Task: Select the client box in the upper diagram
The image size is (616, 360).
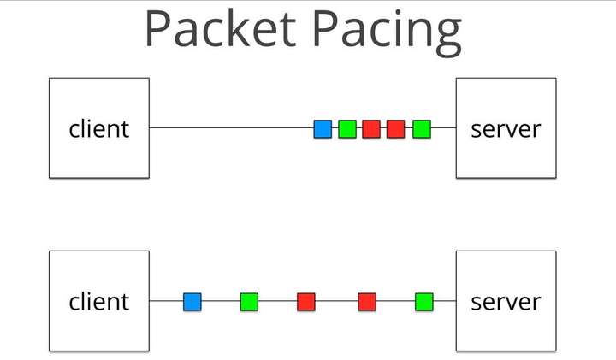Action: coord(99,128)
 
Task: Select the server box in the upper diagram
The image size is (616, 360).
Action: coord(506,128)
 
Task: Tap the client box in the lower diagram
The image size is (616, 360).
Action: coord(99,301)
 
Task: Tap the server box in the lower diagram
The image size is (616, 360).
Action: coord(506,301)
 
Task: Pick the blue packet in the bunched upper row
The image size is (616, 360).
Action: coord(323,129)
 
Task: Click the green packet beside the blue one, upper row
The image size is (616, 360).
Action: coord(346,129)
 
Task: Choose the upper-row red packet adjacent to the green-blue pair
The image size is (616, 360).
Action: coord(371,129)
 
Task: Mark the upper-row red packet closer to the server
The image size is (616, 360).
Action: coord(395,129)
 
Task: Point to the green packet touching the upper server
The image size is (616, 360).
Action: coord(421,129)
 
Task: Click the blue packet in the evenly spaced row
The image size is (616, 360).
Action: coord(192,301)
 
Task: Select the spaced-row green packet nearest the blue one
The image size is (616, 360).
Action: coord(249,301)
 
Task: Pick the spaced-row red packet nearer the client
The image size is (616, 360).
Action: coord(306,301)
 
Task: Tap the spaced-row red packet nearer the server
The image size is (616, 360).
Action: coord(367,301)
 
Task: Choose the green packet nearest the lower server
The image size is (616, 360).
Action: coord(424,301)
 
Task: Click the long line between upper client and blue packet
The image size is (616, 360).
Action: coord(231,128)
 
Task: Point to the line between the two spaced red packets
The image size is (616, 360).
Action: coord(336,301)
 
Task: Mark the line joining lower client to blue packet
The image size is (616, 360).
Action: coord(166,301)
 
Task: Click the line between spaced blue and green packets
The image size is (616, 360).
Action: coord(221,301)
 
